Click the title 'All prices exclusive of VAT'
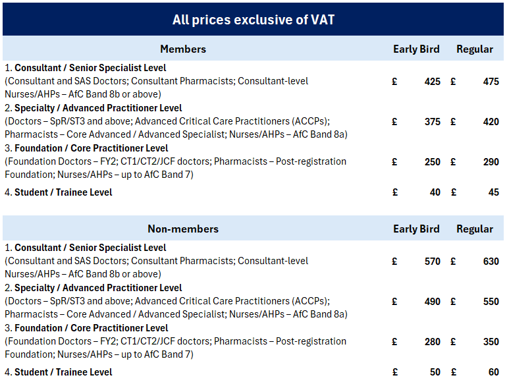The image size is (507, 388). [x=254, y=20]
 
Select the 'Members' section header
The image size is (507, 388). [x=183, y=49]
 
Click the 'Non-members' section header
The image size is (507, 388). [x=183, y=229]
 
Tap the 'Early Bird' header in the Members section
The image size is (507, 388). [x=416, y=49]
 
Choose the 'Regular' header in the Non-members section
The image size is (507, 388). [x=475, y=229]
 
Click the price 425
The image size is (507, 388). [x=433, y=82]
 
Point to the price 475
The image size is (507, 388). [x=491, y=82]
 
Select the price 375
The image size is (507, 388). [x=433, y=122]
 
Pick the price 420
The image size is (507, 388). [x=491, y=122]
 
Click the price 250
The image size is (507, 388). [x=433, y=162]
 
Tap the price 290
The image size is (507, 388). [x=491, y=162]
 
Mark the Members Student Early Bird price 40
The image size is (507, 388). [x=435, y=193]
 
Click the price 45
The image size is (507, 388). [x=493, y=193]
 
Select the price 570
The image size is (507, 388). [x=433, y=262]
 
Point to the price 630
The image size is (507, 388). [x=491, y=262]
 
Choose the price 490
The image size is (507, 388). [x=433, y=302]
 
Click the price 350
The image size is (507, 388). [x=491, y=342]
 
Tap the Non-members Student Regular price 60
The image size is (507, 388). [x=493, y=373]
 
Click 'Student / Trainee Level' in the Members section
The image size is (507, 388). [x=63, y=193]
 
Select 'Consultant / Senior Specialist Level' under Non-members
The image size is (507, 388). [x=90, y=248]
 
